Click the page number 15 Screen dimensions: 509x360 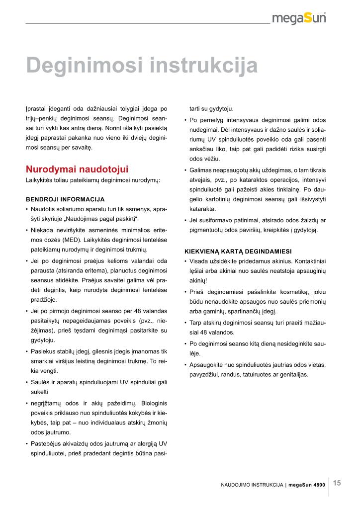pos(337,483)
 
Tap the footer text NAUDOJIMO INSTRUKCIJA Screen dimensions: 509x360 pos(252,484)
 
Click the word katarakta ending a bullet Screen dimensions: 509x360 pos(202,209)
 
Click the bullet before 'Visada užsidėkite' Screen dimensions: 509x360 pos(185,261)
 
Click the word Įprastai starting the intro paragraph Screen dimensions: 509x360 pos(36,108)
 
